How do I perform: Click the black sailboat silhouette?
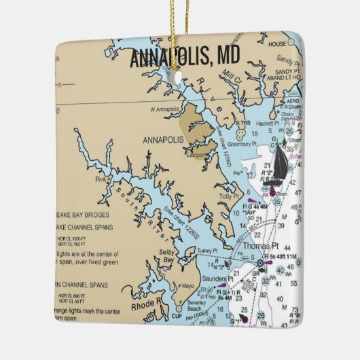(277, 167)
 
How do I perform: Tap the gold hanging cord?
(178, 27)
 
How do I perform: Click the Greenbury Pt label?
(242, 143)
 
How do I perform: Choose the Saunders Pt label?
(217, 278)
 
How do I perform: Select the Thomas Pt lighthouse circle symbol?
(261, 263)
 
